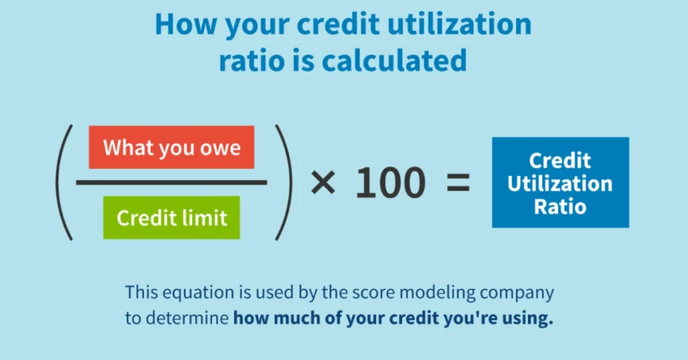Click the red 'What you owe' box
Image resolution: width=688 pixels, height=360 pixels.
tap(171, 147)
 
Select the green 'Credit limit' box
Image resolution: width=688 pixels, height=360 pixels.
tap(171, 218)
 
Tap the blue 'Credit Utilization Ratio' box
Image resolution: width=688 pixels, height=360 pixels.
tap(560, 183)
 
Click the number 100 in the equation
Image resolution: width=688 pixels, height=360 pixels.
tap(390, 183)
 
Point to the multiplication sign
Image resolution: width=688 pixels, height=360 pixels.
tap(323, 183)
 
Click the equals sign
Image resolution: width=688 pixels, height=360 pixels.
tap(458, 183)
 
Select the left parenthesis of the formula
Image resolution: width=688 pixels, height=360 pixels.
tap(64, 183)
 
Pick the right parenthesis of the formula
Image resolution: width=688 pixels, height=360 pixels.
tap(284, 183)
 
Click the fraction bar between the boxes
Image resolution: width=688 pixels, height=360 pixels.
tap(171, 183)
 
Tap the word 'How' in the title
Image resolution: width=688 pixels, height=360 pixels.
tap(186, 24)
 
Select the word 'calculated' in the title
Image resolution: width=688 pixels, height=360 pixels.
tap(394, 60)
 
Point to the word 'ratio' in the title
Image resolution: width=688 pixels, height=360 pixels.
tap(252, 60)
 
